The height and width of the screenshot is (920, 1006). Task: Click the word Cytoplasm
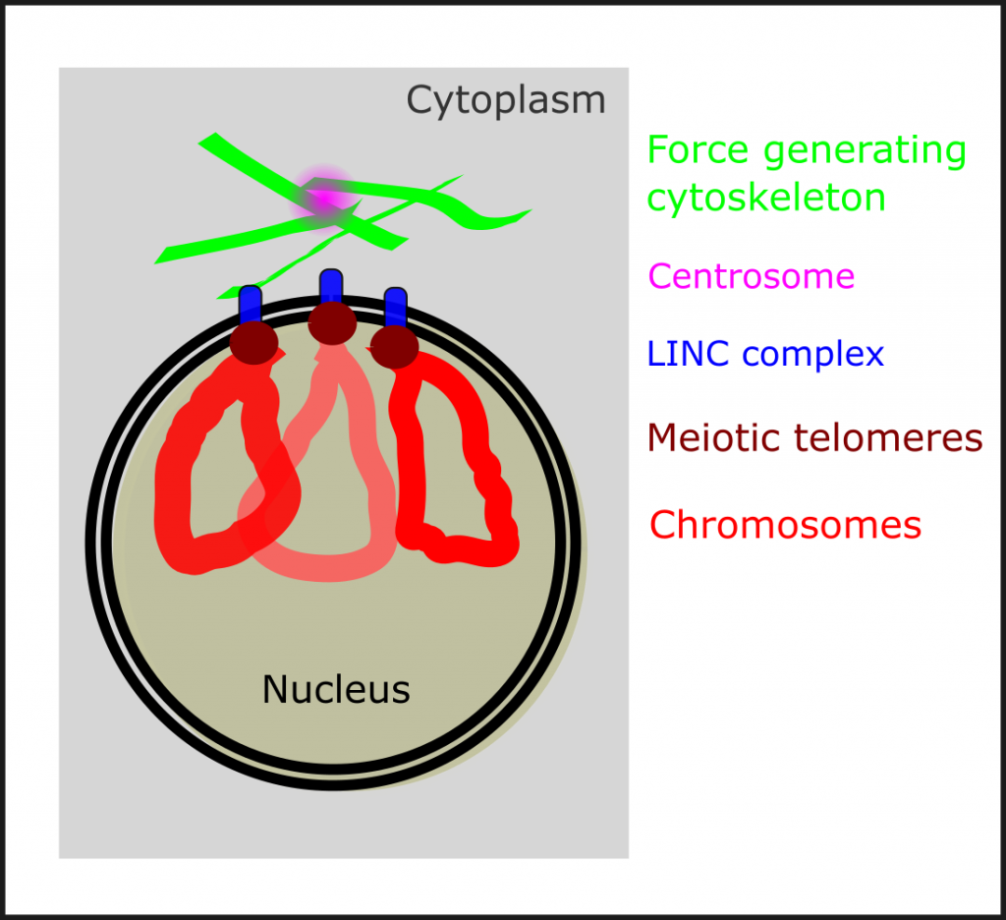[506, 100]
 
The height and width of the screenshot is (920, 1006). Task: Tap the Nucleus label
[335, 690]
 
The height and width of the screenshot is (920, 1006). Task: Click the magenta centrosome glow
[325, 196]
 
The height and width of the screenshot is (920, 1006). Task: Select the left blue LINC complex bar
[250, 303]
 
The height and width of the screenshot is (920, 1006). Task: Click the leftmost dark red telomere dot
[253, 341]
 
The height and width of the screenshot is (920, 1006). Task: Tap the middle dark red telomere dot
[332, 322]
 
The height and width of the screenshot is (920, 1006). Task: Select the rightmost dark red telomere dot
[395, 346]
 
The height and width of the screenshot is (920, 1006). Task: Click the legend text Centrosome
[752, 276]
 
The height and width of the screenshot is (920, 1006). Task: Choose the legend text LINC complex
[765, 354]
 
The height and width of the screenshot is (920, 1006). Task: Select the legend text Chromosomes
[785, 525]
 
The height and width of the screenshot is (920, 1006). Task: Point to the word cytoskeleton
[766, 199]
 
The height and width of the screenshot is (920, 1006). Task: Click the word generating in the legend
[865, 152]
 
